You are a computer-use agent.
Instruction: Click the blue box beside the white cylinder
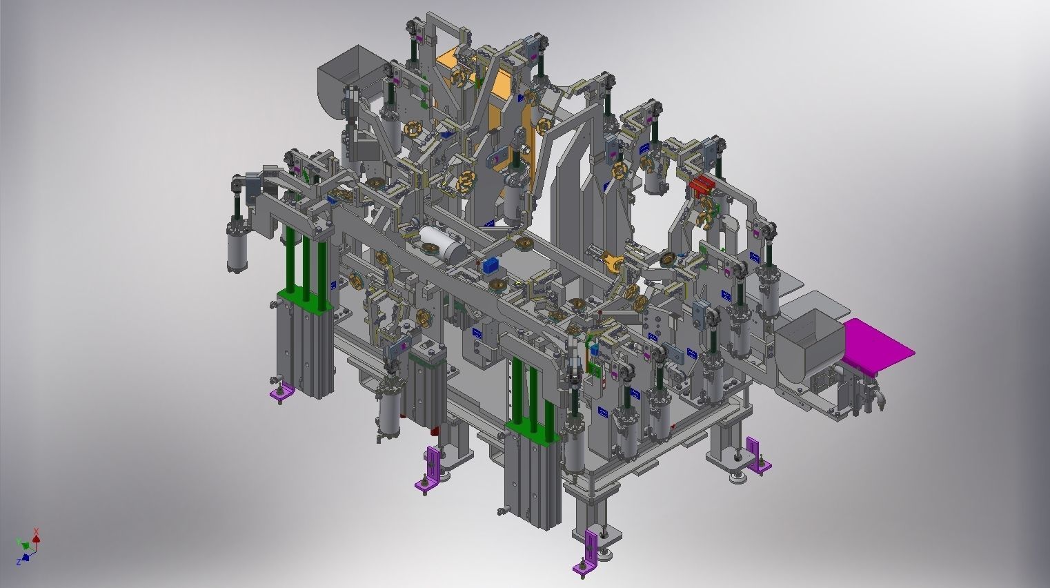tap(491, 266)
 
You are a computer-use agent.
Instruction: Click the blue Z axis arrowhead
tap(26, 557)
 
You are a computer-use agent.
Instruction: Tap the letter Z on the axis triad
tap(18, 561)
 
